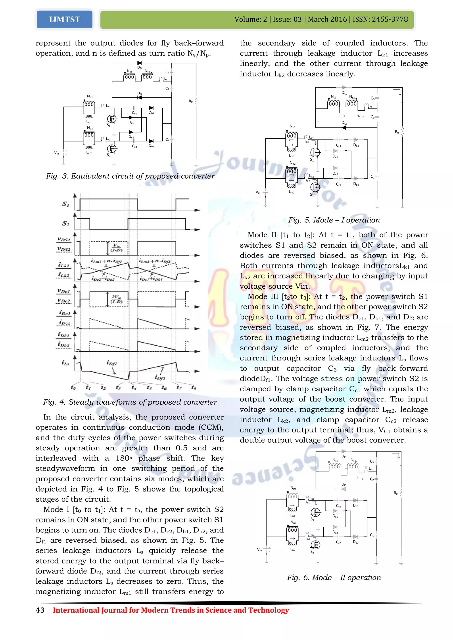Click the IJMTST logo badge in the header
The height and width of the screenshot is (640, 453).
point(64,19)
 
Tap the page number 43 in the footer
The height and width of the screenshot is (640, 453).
point(40,610)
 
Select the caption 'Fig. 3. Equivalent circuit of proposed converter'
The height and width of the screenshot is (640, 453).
point(130,176)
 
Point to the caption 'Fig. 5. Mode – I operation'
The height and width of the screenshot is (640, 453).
point(334,220)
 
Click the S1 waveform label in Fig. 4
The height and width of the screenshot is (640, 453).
point(65,204)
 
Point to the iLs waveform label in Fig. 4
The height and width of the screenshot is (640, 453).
point(65,363)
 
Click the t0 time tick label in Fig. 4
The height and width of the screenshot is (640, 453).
point(73,387)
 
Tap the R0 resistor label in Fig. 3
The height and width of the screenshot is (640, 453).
point(191,101)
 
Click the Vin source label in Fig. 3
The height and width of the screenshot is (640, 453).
point(56,153)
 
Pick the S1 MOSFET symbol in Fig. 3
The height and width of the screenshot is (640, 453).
point(112,119)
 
